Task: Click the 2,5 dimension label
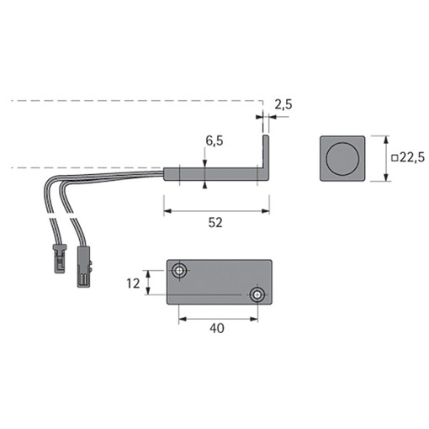pos(283,104)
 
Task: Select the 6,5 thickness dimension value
pos(214,140)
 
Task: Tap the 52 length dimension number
pos(215,223)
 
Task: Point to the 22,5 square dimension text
pos(412,157)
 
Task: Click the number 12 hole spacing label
pos(133,283)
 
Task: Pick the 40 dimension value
pos(217,328)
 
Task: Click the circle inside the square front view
pos(342,158)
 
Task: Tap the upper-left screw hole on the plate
pos(179,271)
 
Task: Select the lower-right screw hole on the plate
pos(257,295)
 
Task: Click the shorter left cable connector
pos(60,258)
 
